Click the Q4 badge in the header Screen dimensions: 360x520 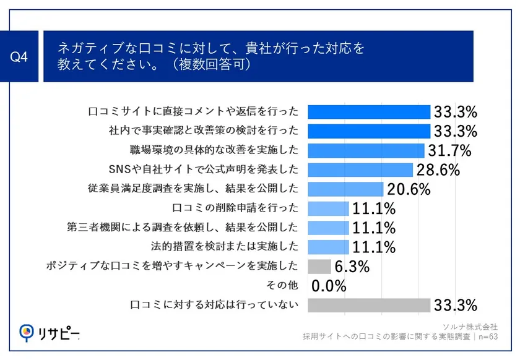[x=20, y=57]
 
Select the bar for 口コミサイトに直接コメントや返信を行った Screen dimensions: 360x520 [x=368, y=112]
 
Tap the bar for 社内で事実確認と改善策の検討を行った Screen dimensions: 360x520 [x=368, y=131]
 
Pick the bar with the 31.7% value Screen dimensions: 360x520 [x=365, y=150]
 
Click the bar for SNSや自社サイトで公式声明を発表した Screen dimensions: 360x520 [x=360, y=169]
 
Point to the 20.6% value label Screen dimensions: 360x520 [x=408, y=189]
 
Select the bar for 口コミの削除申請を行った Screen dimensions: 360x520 [x=328, y=208]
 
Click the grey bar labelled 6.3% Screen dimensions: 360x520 [x=319, y=267]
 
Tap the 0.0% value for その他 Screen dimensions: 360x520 [x=329, y=286]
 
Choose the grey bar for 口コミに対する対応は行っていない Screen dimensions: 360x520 [x=368, y=305]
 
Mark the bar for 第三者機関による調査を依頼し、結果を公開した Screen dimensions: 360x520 [x=328, y=228]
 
